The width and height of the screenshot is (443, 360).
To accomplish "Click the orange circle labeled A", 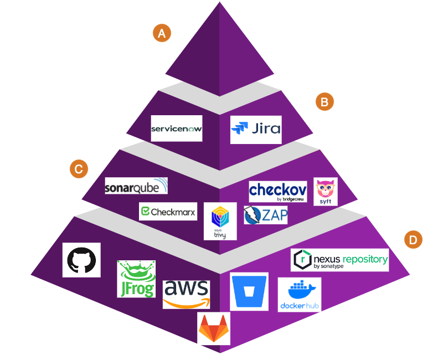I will point(162,33).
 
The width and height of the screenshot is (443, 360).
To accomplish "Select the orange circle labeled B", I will point(324,101).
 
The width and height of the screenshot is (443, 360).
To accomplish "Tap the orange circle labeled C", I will point(79,169).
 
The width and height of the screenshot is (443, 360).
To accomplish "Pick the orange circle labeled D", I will point(413,239).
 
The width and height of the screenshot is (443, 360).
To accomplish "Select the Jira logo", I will point(255,130).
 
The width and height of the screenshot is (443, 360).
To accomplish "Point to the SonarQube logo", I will point(136,186).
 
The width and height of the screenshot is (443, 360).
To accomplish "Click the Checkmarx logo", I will point(168,211).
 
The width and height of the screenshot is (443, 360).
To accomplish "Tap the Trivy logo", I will point(220,221).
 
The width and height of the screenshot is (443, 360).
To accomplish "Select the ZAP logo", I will point(266,214).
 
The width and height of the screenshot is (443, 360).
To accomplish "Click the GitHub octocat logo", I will point(82,259).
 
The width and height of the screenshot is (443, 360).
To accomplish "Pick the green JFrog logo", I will point(136,279).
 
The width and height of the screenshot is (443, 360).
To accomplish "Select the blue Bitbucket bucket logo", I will point(249,291).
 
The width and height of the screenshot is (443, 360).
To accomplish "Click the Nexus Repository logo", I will point(339,260).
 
